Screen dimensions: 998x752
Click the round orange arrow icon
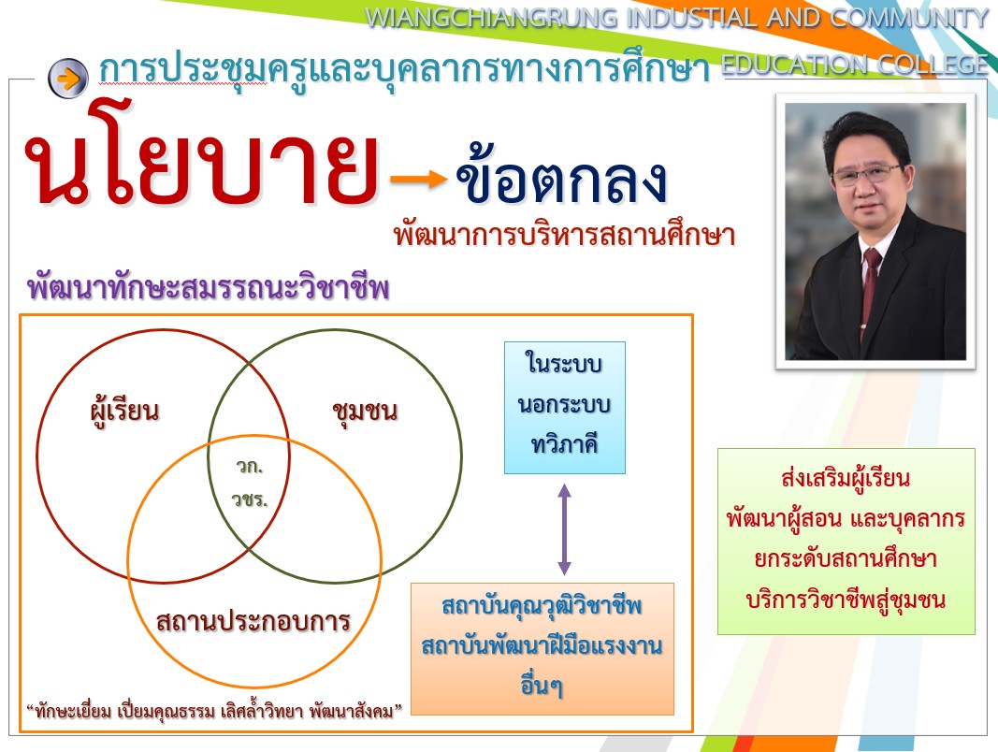[68, 78]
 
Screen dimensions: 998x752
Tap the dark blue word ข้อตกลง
[561, 175]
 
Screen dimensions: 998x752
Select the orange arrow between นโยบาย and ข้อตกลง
[419, 179]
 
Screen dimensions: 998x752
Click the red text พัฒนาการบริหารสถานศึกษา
[565, 235]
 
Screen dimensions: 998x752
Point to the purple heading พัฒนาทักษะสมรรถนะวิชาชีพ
[209, 287]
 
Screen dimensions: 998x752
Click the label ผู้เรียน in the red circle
[124, 411]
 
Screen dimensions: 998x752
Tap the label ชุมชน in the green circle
[365, 412]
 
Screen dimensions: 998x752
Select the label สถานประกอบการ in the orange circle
[253, 621]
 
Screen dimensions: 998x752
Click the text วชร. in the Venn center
[250, 499]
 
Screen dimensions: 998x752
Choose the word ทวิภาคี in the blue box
[565, 444]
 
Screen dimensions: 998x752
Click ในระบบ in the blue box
[564, 363]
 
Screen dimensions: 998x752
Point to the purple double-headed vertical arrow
[564, 529]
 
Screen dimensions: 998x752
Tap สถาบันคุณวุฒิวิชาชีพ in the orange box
[542, 606]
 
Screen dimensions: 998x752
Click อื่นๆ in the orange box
[542, 685]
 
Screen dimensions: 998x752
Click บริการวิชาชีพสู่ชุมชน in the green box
[846, 600]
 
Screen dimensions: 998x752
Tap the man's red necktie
[870, 286]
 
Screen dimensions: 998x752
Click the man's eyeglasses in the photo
[868, 174]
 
